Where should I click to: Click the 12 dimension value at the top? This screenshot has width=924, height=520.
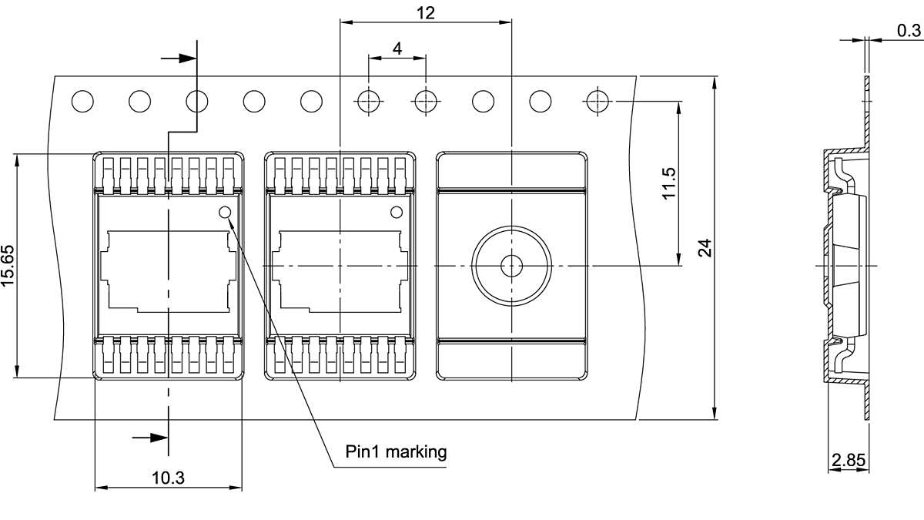point(425,12)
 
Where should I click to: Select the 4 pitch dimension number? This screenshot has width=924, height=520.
point(397,49)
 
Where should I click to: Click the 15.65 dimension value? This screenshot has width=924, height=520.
point(8,267)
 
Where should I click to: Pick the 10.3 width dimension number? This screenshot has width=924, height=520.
point(168,478)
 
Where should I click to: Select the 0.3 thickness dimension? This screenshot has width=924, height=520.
point(909,30)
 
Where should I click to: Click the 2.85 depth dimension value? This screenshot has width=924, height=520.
point(849,461)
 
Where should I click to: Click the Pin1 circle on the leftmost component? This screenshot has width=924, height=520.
point(225,213)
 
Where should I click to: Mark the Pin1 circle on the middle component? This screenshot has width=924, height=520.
point(397,213)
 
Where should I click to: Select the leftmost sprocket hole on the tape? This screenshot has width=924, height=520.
point(82,101)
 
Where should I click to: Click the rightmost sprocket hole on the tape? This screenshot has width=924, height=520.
point(597,101)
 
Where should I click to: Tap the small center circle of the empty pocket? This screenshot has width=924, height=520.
point(511,266)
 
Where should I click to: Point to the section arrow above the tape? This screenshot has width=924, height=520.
point(179,58)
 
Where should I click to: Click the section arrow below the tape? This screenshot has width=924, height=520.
point(151,438)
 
